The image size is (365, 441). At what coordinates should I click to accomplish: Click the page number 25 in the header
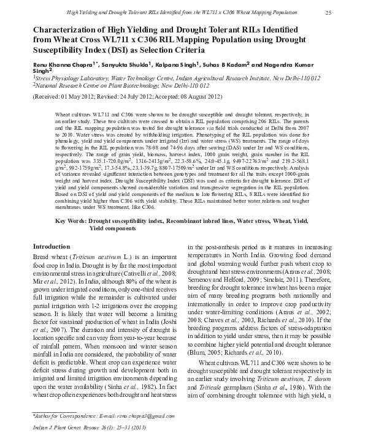click(329, 13)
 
